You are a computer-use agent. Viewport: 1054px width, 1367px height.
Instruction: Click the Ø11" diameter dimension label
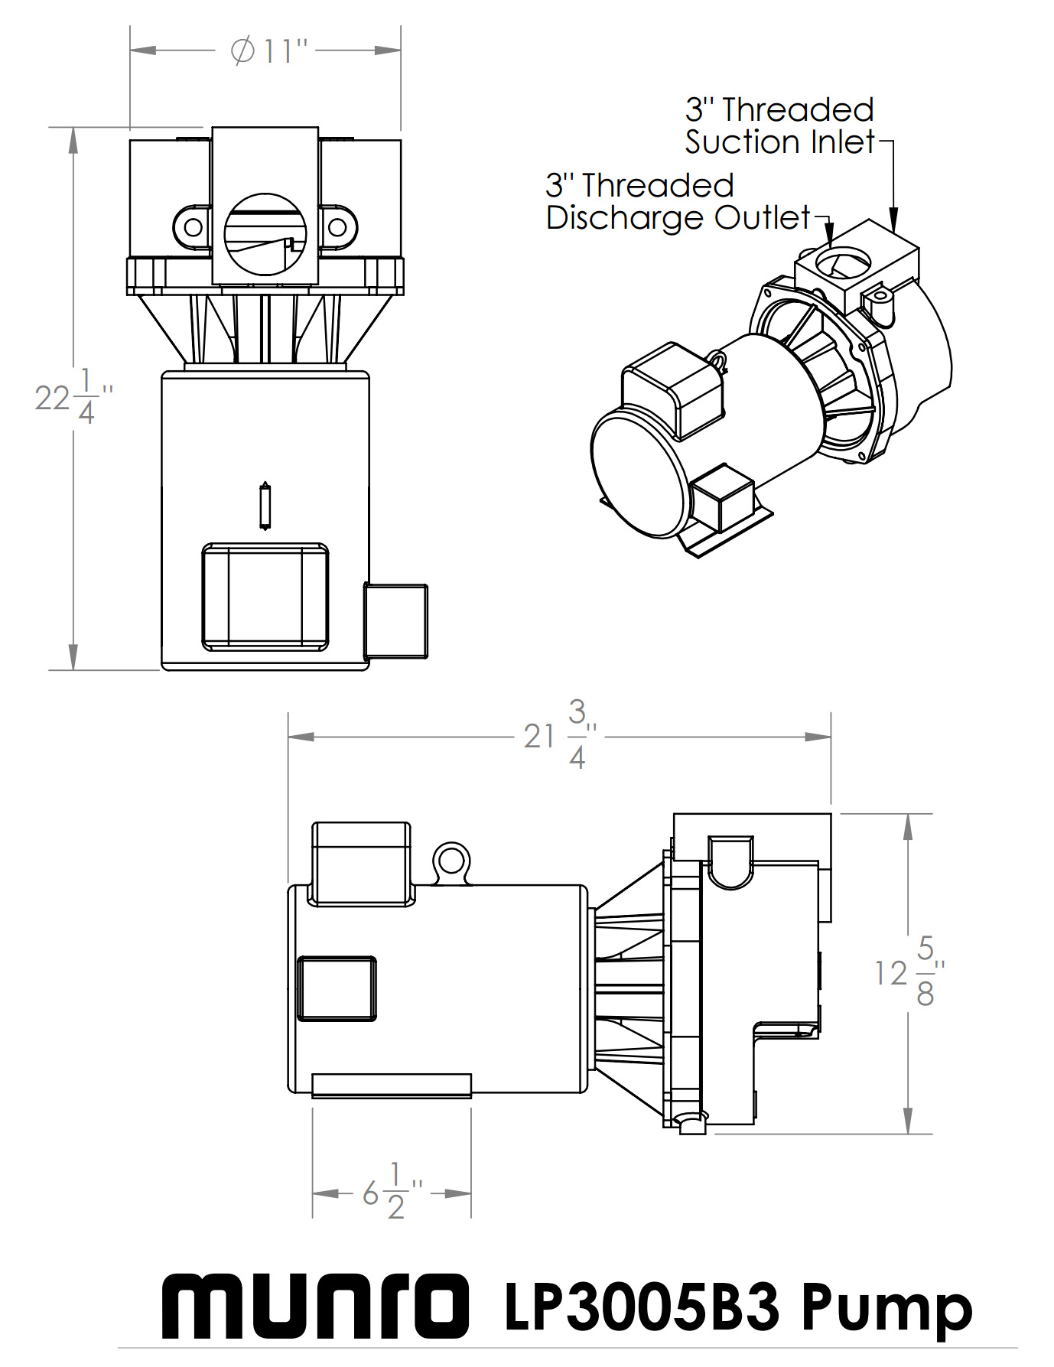tap(268, 51)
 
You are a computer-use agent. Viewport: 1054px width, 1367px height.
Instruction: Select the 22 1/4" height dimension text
tap(74, 397)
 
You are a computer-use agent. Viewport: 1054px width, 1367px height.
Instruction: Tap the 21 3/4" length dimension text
tap(560, 735)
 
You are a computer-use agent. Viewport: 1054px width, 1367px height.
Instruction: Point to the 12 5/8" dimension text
tap(910, 972)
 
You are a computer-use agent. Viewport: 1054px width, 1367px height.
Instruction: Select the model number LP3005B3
tap(642, 1307)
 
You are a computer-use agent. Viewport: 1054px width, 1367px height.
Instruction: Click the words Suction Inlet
tap(779, 142)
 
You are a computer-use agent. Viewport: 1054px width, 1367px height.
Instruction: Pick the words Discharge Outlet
tap(678, 218)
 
